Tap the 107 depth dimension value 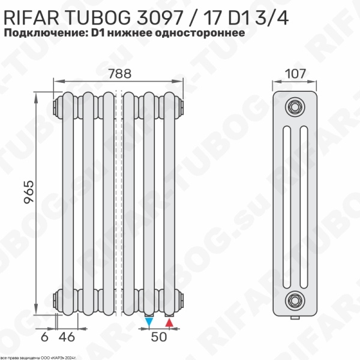[295, 74]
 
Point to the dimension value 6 [44, 337]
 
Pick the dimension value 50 [158, 337]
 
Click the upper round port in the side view [294, 107]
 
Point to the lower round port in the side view [294, 298]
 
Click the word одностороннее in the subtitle [200, 33]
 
